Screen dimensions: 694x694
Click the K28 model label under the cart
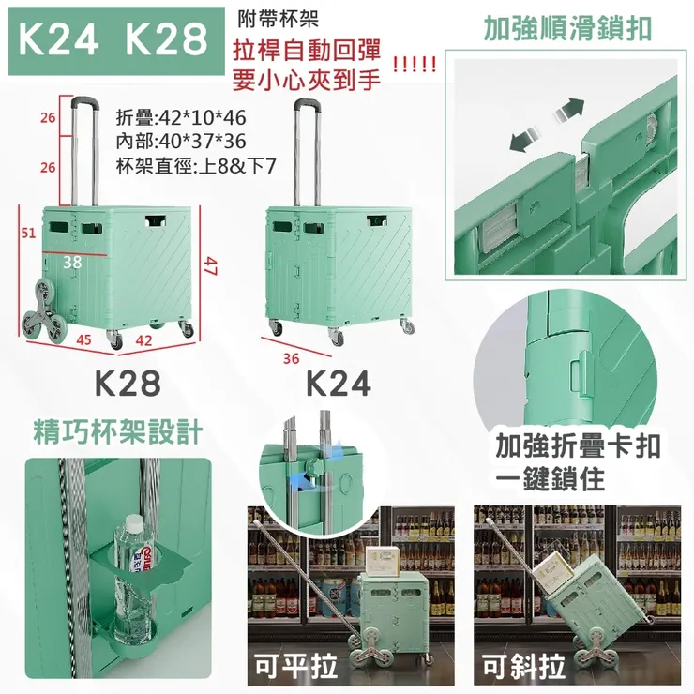(x=128, y=384)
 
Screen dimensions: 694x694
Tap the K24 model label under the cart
(x=339, y=384)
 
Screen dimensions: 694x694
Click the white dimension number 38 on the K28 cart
(x=72, y=263)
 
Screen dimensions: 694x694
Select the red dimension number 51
(x=28, y=233)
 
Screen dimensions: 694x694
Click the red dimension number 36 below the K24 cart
(x=292, y=358)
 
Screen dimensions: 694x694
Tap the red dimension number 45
(x=83, y=339)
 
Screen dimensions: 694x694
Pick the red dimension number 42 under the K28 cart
(x=143, y=340)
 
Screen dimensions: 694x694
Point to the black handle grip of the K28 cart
(x=83, y=101)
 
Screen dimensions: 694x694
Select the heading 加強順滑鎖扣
(x=567, y=29)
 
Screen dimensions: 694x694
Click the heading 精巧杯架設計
(x=118, y=431)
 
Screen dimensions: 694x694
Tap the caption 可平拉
(x=296, y=666)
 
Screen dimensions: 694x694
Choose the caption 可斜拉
(x=523, y=666)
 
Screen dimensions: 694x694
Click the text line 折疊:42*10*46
(x=181, y=118)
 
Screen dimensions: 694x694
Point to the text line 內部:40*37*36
(x=181, y=142)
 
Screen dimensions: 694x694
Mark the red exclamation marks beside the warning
(x=415, y=65)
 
